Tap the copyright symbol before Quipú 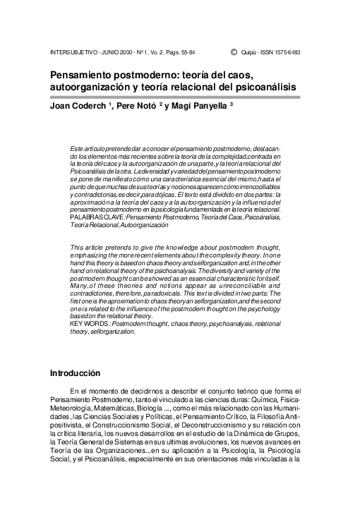coord(233,52)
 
